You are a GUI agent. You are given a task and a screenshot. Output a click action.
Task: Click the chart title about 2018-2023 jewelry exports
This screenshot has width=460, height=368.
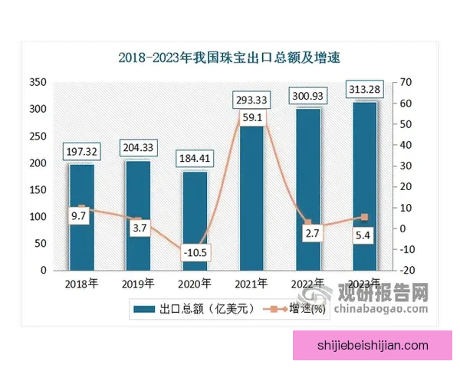(x=228, y=57)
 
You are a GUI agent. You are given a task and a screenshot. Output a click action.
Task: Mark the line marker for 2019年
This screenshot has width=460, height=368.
(x=138, y=220)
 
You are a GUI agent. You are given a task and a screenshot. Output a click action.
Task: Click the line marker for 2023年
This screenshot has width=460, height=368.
(x=364, y=217)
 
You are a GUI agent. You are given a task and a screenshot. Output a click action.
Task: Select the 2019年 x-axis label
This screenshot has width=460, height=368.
(x=138, y=284)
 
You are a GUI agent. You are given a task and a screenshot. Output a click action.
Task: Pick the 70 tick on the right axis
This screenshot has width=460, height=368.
(x=406, y=82)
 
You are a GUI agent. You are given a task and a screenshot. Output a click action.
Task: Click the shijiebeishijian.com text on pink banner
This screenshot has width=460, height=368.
(x=373, y=346)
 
